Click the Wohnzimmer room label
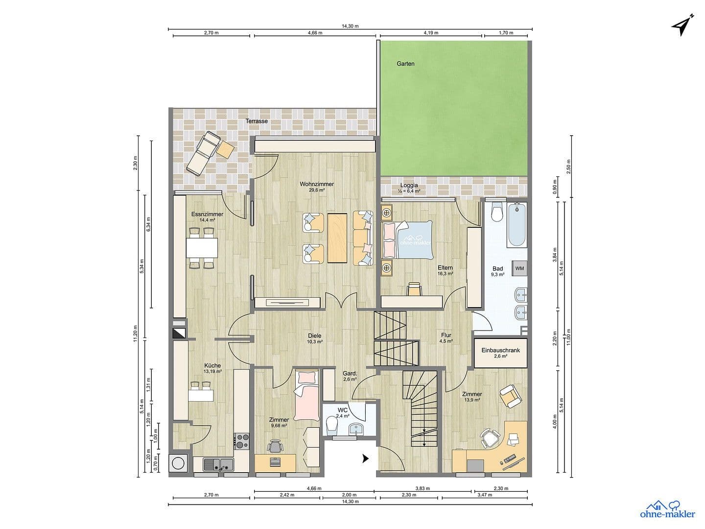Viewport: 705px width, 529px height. [x=317, y=185]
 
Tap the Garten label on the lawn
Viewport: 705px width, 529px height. [x=405, y=64]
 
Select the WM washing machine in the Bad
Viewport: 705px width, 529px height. [x=519, y=268]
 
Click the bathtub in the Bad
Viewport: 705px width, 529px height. [x=517, y=226]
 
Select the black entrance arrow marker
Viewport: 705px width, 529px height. [x=365, y=458]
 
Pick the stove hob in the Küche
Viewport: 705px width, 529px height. [x=241, y=441]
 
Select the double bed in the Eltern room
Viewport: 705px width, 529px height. [x=409, y=240]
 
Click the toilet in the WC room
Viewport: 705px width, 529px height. [x=332, y=424]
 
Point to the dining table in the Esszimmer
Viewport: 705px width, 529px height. [x=202, y=247]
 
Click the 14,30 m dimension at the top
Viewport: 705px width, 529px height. [x=350, y=26]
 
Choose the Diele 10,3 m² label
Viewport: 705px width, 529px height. [x=314, y=338]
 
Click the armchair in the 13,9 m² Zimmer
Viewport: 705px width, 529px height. [x=510, y=396]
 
